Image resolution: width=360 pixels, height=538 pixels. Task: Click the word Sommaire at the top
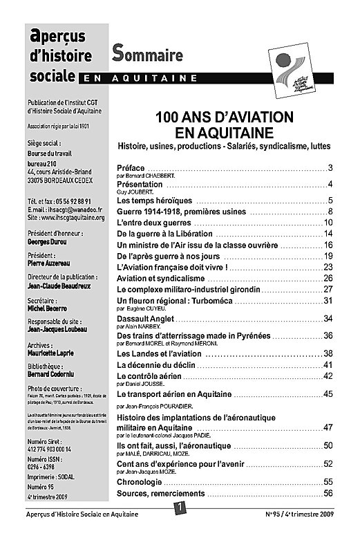tap(148, 53)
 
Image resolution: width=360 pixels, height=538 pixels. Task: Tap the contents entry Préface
tap(131, 169)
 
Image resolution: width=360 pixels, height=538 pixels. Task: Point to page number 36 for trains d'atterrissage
tap(328, 335)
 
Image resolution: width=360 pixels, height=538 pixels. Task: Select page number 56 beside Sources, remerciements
tap(328, 493)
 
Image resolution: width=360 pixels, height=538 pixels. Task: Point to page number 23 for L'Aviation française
tap(328, 267)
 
